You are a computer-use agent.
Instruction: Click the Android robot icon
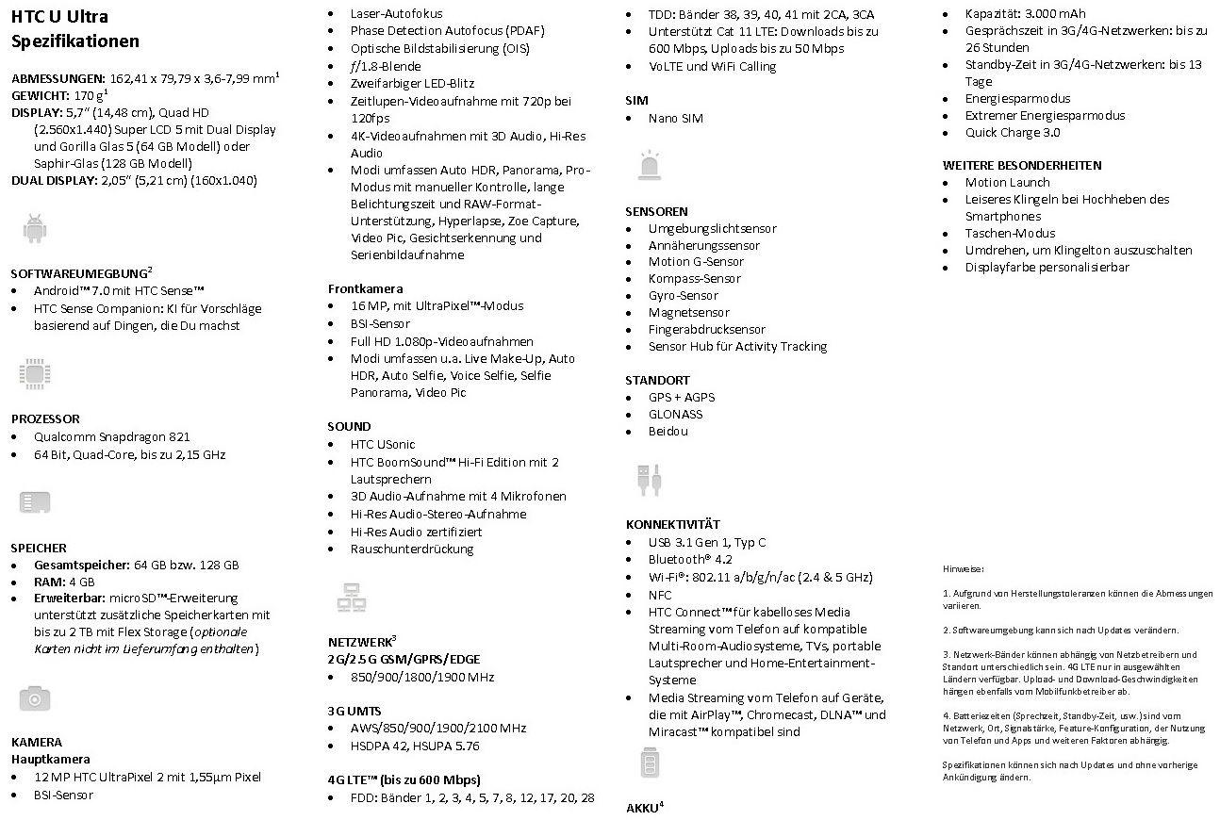pos(35,228)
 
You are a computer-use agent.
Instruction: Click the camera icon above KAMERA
pos(35,698)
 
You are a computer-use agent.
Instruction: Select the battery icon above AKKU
pos(650,763)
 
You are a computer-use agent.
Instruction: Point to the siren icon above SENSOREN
pos(650,164)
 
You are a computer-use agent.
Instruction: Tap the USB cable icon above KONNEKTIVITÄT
pos(650,479)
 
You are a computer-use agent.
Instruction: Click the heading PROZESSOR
pos(45,418)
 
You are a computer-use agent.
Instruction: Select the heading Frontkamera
pos(365,288)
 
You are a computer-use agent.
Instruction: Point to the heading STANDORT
pos(657,380)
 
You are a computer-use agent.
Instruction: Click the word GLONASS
pos(675,414)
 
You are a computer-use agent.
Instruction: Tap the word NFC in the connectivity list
pos(660,595)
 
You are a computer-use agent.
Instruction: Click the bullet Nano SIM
pos(675,118)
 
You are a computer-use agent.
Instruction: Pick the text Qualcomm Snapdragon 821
pos(111,436)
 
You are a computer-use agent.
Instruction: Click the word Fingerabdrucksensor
pos(706,329)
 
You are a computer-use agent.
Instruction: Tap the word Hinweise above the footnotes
pos(964,568)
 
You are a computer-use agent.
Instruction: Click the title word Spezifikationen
pos(75,41)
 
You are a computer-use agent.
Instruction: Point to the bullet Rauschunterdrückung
pos(412,549)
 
